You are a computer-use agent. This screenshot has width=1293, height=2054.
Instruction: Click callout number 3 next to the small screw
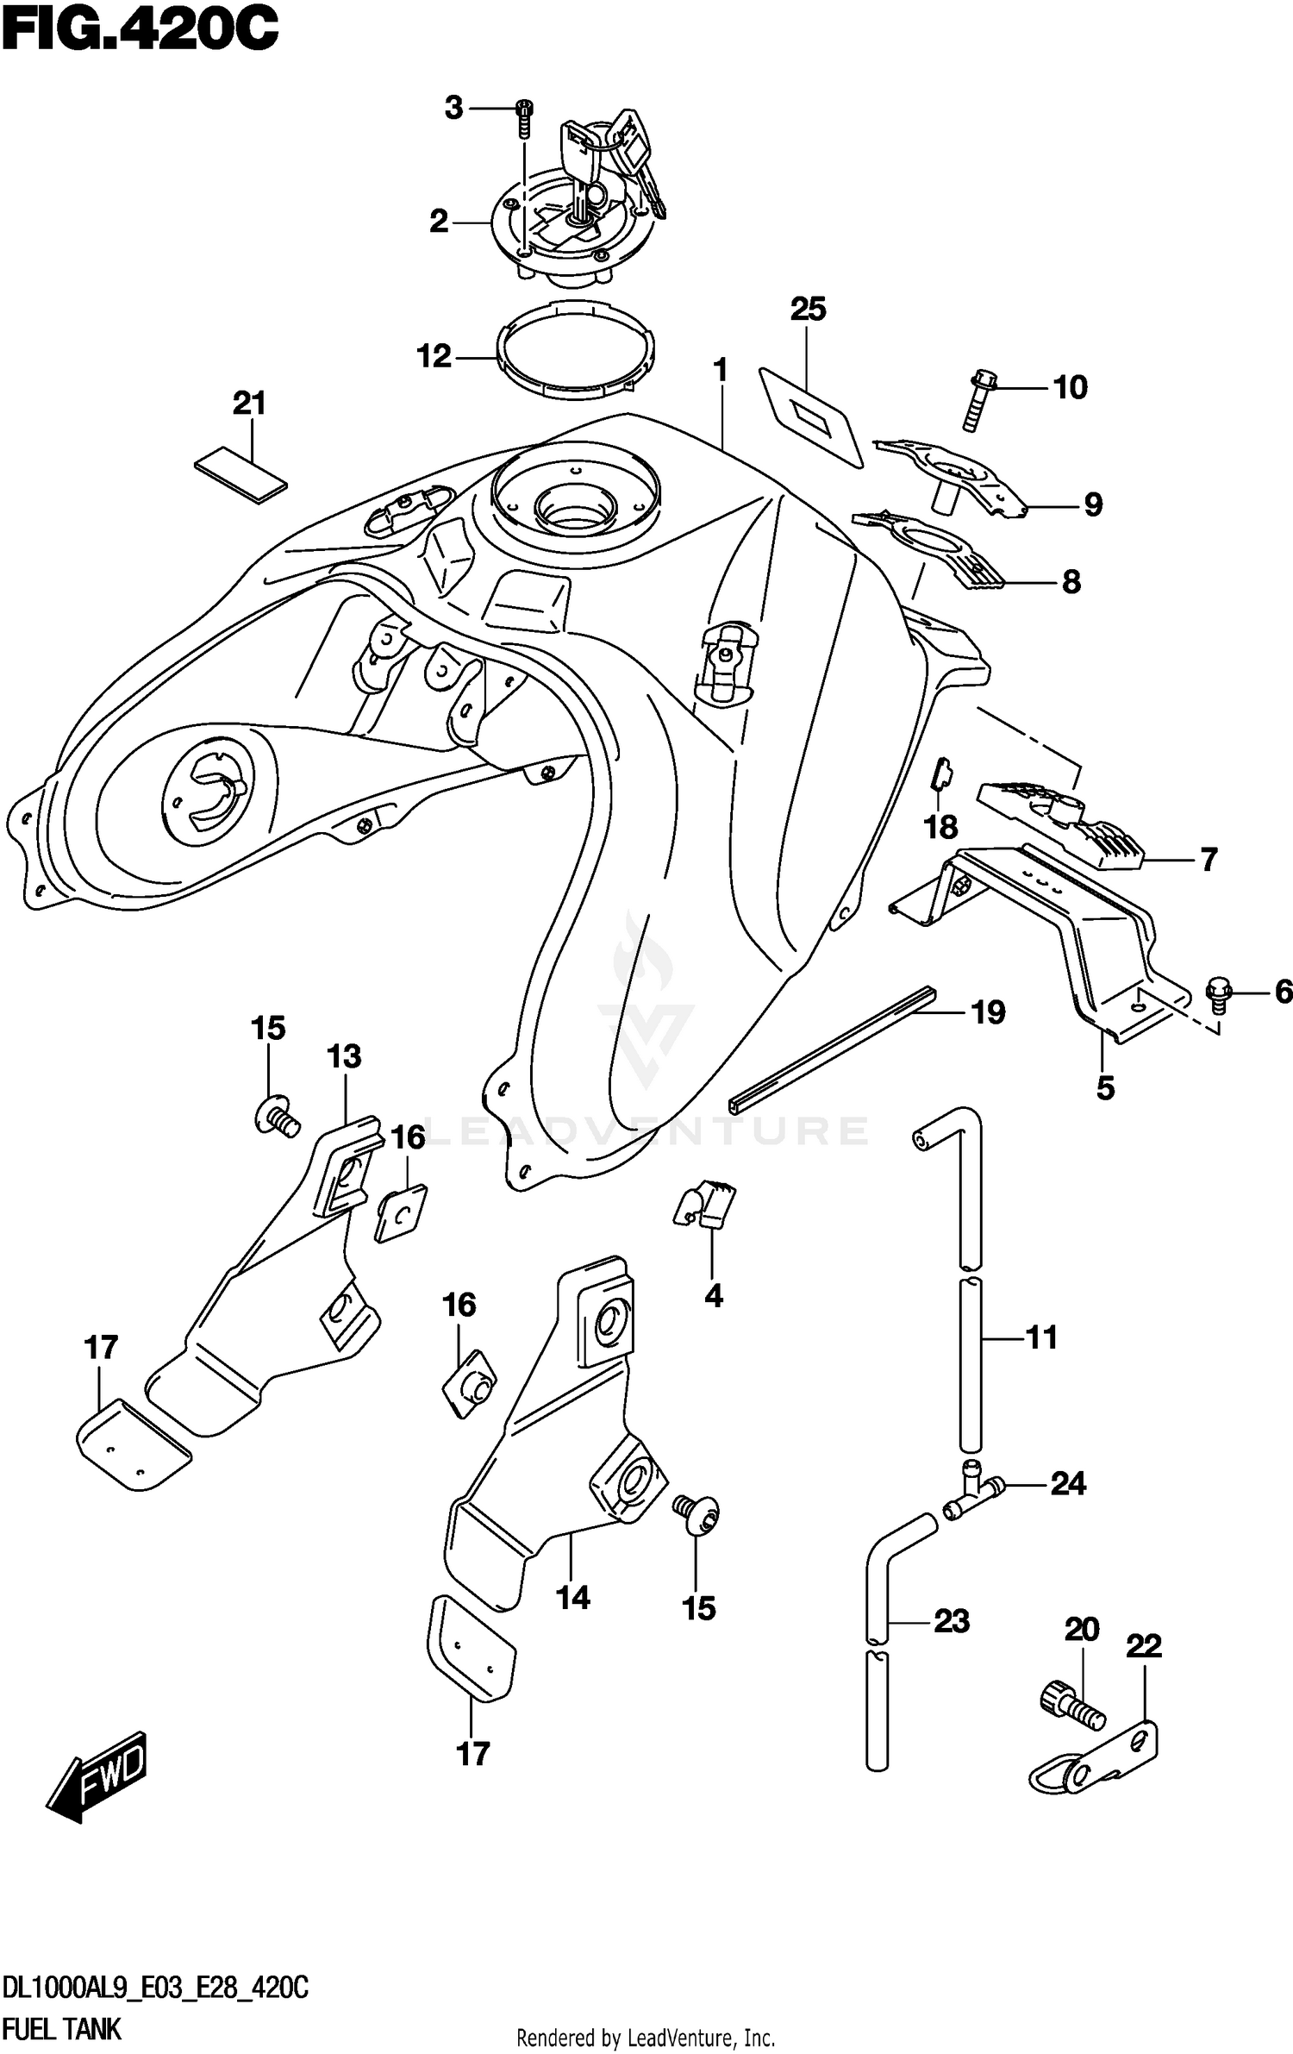[453, 109]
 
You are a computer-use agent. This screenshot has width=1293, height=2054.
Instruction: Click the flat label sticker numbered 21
[240, 473]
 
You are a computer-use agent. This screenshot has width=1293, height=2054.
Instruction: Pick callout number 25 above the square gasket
[809, 309]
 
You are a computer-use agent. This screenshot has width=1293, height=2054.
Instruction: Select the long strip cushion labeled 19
[832, 1046]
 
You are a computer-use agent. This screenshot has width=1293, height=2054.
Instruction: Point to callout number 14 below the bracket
[573, 1598]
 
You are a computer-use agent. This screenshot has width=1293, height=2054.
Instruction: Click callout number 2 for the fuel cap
[439, 222]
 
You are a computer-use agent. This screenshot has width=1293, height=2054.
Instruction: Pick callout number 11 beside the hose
[1040, 1337]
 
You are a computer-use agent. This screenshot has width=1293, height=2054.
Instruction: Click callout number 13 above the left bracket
[344, 1056]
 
